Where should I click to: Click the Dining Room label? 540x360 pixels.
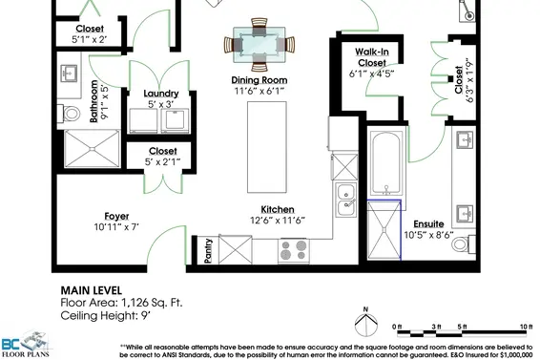(x=259, y=80)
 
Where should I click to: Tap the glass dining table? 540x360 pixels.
(x=260, y=45)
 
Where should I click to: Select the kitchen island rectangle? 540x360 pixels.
(x=267, y=147)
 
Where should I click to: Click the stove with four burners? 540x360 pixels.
(x=294, y=251)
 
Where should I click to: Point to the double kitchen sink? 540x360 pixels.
(x=345, y=200)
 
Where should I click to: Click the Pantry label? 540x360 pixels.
(x=208, y=251)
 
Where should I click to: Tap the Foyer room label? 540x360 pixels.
(x=116, y=216)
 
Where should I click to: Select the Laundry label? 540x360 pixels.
(x=161, y=94)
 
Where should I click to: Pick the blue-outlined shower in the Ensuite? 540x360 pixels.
(x=384, y=230)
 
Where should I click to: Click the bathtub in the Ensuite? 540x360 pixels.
(x=386, y=163)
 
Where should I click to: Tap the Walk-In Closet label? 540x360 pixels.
(x=372, y=57)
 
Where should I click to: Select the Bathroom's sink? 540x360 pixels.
(x=69, y=74)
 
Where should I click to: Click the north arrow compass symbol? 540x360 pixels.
(x=365, y=322)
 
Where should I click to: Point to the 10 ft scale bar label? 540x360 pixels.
(x=526, y=327)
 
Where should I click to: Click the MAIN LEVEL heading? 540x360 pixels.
(x=92, y=290)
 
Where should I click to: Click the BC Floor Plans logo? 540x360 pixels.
(x=26, y=344)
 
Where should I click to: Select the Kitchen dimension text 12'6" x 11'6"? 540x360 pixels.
(x=278, y=220)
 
